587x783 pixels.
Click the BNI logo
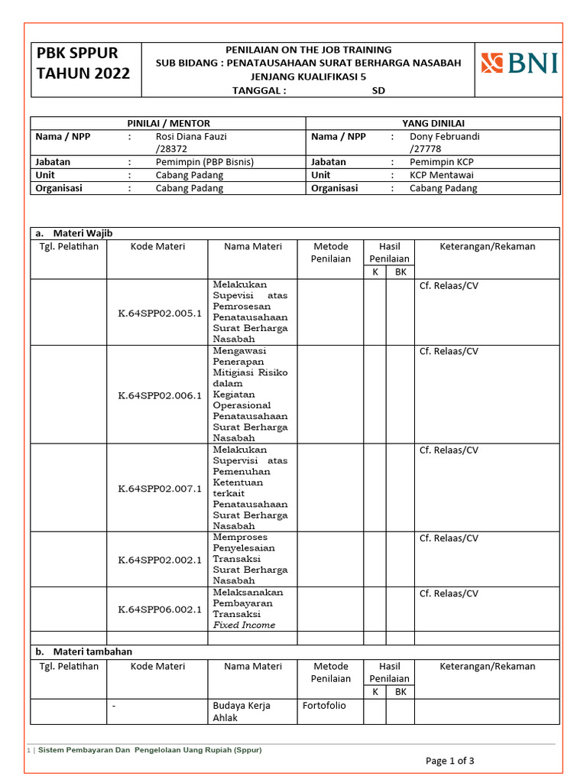[x=519, y=63]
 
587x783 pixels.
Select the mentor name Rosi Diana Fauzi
[x=191, y=137]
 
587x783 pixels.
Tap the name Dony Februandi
[x=445, y=137]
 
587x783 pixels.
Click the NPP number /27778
[x=426, y=149]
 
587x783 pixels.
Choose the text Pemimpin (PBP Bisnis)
[x=204, y=162]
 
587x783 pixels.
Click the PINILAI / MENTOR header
[x=168, y=123]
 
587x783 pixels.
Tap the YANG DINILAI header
[x=433, y=123]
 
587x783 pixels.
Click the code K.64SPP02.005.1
[x=159, y=313]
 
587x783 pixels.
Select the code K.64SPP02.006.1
[x=159, y=395]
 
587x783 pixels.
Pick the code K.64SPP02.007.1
[x=159, y=489]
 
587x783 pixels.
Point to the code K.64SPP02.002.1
[x=159, y=560]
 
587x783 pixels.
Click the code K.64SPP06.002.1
[x=159, y=609]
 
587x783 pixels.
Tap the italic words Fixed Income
[x=244, y=625]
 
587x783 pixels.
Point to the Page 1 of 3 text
[x=449, y=761]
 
